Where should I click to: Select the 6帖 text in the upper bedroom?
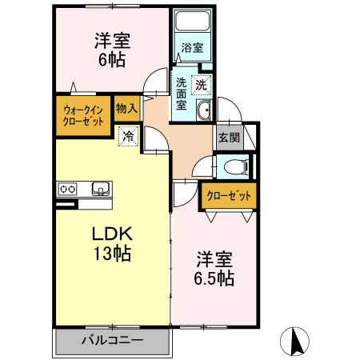112,60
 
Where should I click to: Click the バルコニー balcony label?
112,341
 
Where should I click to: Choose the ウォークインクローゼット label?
83,117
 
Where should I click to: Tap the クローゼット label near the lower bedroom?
229,195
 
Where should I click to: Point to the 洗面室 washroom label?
182,94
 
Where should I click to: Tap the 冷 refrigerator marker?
128,137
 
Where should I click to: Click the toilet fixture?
234,167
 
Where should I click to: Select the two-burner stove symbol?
66,190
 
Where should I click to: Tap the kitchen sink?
101,189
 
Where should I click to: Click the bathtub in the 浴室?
191,25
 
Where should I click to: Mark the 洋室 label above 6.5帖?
214,259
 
